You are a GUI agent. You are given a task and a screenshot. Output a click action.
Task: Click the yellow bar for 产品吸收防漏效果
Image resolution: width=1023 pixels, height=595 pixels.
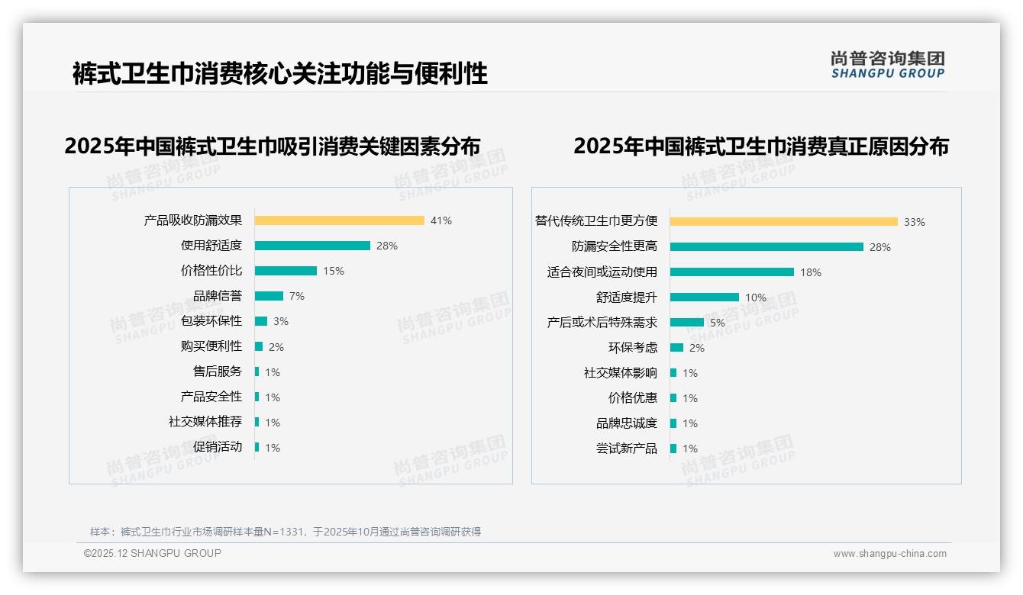(339, 220)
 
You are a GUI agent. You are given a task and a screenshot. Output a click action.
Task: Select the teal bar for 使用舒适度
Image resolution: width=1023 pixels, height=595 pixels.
(312, 246)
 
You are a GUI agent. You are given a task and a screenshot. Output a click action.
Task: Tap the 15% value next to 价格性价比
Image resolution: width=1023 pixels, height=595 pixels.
(334, 271)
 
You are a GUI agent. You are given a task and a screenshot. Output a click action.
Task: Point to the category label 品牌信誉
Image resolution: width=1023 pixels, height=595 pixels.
(218, 296)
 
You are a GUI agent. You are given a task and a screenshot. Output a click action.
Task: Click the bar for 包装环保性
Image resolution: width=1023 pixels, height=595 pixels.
(261, 321)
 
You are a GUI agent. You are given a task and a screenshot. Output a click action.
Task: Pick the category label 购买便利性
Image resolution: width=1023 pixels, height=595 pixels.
(211, 346)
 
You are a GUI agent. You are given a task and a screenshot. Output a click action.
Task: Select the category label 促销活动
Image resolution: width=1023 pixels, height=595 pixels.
(218, 447)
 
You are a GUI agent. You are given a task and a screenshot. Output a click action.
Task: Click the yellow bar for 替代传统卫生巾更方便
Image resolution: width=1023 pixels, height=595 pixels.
(784, 222)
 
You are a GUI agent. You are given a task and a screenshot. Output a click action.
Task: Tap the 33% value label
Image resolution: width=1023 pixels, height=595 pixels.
(915, 222)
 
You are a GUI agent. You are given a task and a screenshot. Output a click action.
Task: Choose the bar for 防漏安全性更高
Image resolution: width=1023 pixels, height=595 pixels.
(766, 247)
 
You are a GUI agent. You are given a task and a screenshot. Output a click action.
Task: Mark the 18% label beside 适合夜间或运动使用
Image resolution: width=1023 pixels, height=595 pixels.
(811, 272)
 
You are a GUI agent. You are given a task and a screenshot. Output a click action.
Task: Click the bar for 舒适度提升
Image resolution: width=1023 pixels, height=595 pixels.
(705, 297)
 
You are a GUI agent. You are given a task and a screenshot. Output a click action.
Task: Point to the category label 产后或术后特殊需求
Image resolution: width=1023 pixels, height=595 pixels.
(602, 323)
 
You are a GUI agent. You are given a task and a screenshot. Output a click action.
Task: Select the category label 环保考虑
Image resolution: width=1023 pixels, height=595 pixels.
(633, 348)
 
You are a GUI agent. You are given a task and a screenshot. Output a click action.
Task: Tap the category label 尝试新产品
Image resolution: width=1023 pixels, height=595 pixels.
(627, 449)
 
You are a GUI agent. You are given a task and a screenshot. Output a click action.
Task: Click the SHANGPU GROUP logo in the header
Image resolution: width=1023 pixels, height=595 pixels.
(888, 65)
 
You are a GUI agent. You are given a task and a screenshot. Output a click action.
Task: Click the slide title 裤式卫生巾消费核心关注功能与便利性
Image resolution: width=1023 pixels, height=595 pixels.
(280, 74)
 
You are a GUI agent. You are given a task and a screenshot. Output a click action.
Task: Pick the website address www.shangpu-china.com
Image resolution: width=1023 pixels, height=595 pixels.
(889, 554)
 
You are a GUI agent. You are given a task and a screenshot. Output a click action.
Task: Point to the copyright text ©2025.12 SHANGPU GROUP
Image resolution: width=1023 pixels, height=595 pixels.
(153, 553)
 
